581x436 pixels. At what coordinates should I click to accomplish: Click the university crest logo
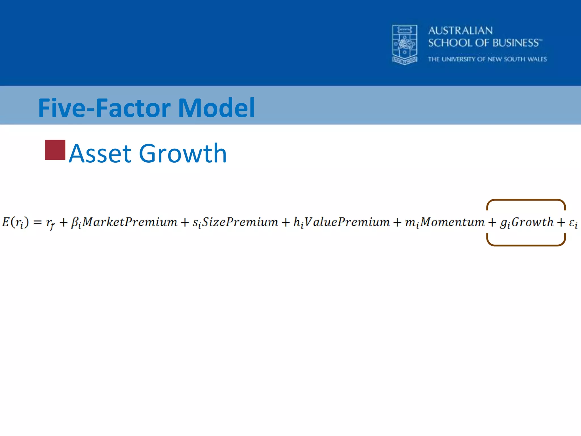(405, 44)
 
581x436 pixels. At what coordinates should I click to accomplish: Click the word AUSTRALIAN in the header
(460, 31)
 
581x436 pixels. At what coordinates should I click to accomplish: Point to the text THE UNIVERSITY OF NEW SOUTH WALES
(487, 59)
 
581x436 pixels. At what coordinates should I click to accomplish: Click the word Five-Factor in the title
(104, 108)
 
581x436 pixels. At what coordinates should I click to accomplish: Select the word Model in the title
(216, 108)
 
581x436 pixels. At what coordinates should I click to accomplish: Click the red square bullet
(55, 150)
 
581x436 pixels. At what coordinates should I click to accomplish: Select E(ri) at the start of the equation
(15, 222)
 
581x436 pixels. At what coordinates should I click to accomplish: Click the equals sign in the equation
(37, 222)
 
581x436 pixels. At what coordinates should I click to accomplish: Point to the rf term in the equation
(50, 223)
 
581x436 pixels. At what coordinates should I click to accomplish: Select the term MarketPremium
(130, 222)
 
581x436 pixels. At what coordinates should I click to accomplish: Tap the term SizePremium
(240, 222)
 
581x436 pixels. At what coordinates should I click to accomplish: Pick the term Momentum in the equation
(452, 222)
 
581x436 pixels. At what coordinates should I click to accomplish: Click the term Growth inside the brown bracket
(532, 222)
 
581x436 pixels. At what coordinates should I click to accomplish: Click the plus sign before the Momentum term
(397, 222)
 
